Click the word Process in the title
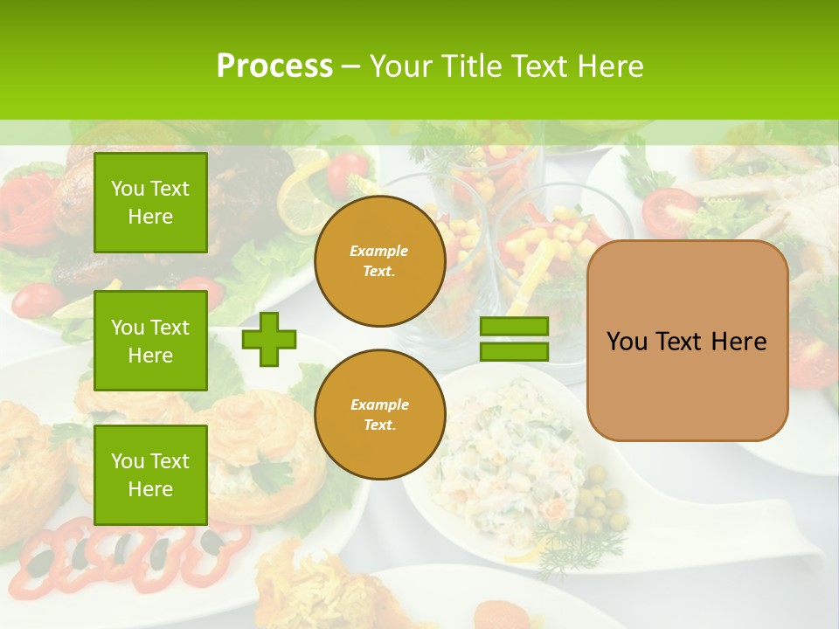274,66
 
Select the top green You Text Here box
150,203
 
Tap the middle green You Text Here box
150,341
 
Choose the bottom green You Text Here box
150,474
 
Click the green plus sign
269,339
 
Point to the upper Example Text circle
379,261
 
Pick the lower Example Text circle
379,414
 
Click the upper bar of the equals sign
514,326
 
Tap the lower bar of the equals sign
514,351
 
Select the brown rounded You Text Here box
687,341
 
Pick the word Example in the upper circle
378,251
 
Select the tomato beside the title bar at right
669,210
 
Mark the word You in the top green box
127,189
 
